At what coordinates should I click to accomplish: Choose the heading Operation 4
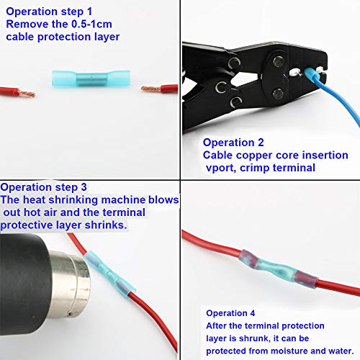(x=230, y=313)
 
